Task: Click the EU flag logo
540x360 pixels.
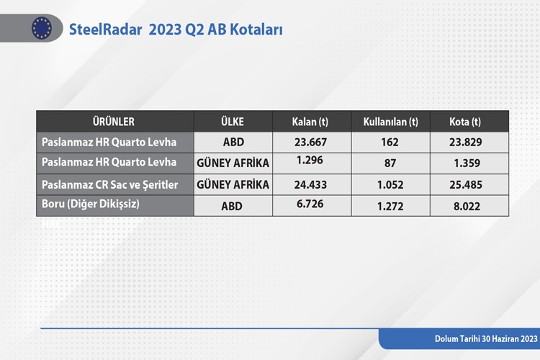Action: pos(42,28)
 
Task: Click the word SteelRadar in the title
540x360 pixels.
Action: pos(105,30)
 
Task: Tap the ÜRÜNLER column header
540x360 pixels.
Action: pos(113,122)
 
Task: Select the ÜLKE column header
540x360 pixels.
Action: pos(233,122)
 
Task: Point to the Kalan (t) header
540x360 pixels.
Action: pos(310,122)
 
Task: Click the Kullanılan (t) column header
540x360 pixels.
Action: pos(390,122)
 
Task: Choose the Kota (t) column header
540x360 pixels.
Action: pos(465,122)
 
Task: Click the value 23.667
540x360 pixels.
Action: pos(310,142)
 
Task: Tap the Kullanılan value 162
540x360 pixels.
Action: pos(390,142)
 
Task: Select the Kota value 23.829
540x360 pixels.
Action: pos(465,142)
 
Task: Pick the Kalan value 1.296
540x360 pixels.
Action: pos(310,160)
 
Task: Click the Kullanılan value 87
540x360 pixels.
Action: pos(390,163)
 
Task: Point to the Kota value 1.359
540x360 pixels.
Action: pos(467,163)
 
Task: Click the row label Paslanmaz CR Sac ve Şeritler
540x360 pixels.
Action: pos(110,185)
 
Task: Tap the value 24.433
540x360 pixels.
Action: pos(310,184)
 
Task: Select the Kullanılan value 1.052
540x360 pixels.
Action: pos(390,184)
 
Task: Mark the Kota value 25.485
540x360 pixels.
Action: pos(466,184)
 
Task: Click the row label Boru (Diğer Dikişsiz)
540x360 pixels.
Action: pos(91,204)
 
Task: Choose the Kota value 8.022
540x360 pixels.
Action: pos(467,206)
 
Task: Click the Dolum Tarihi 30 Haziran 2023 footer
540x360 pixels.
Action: pos(486,339)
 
